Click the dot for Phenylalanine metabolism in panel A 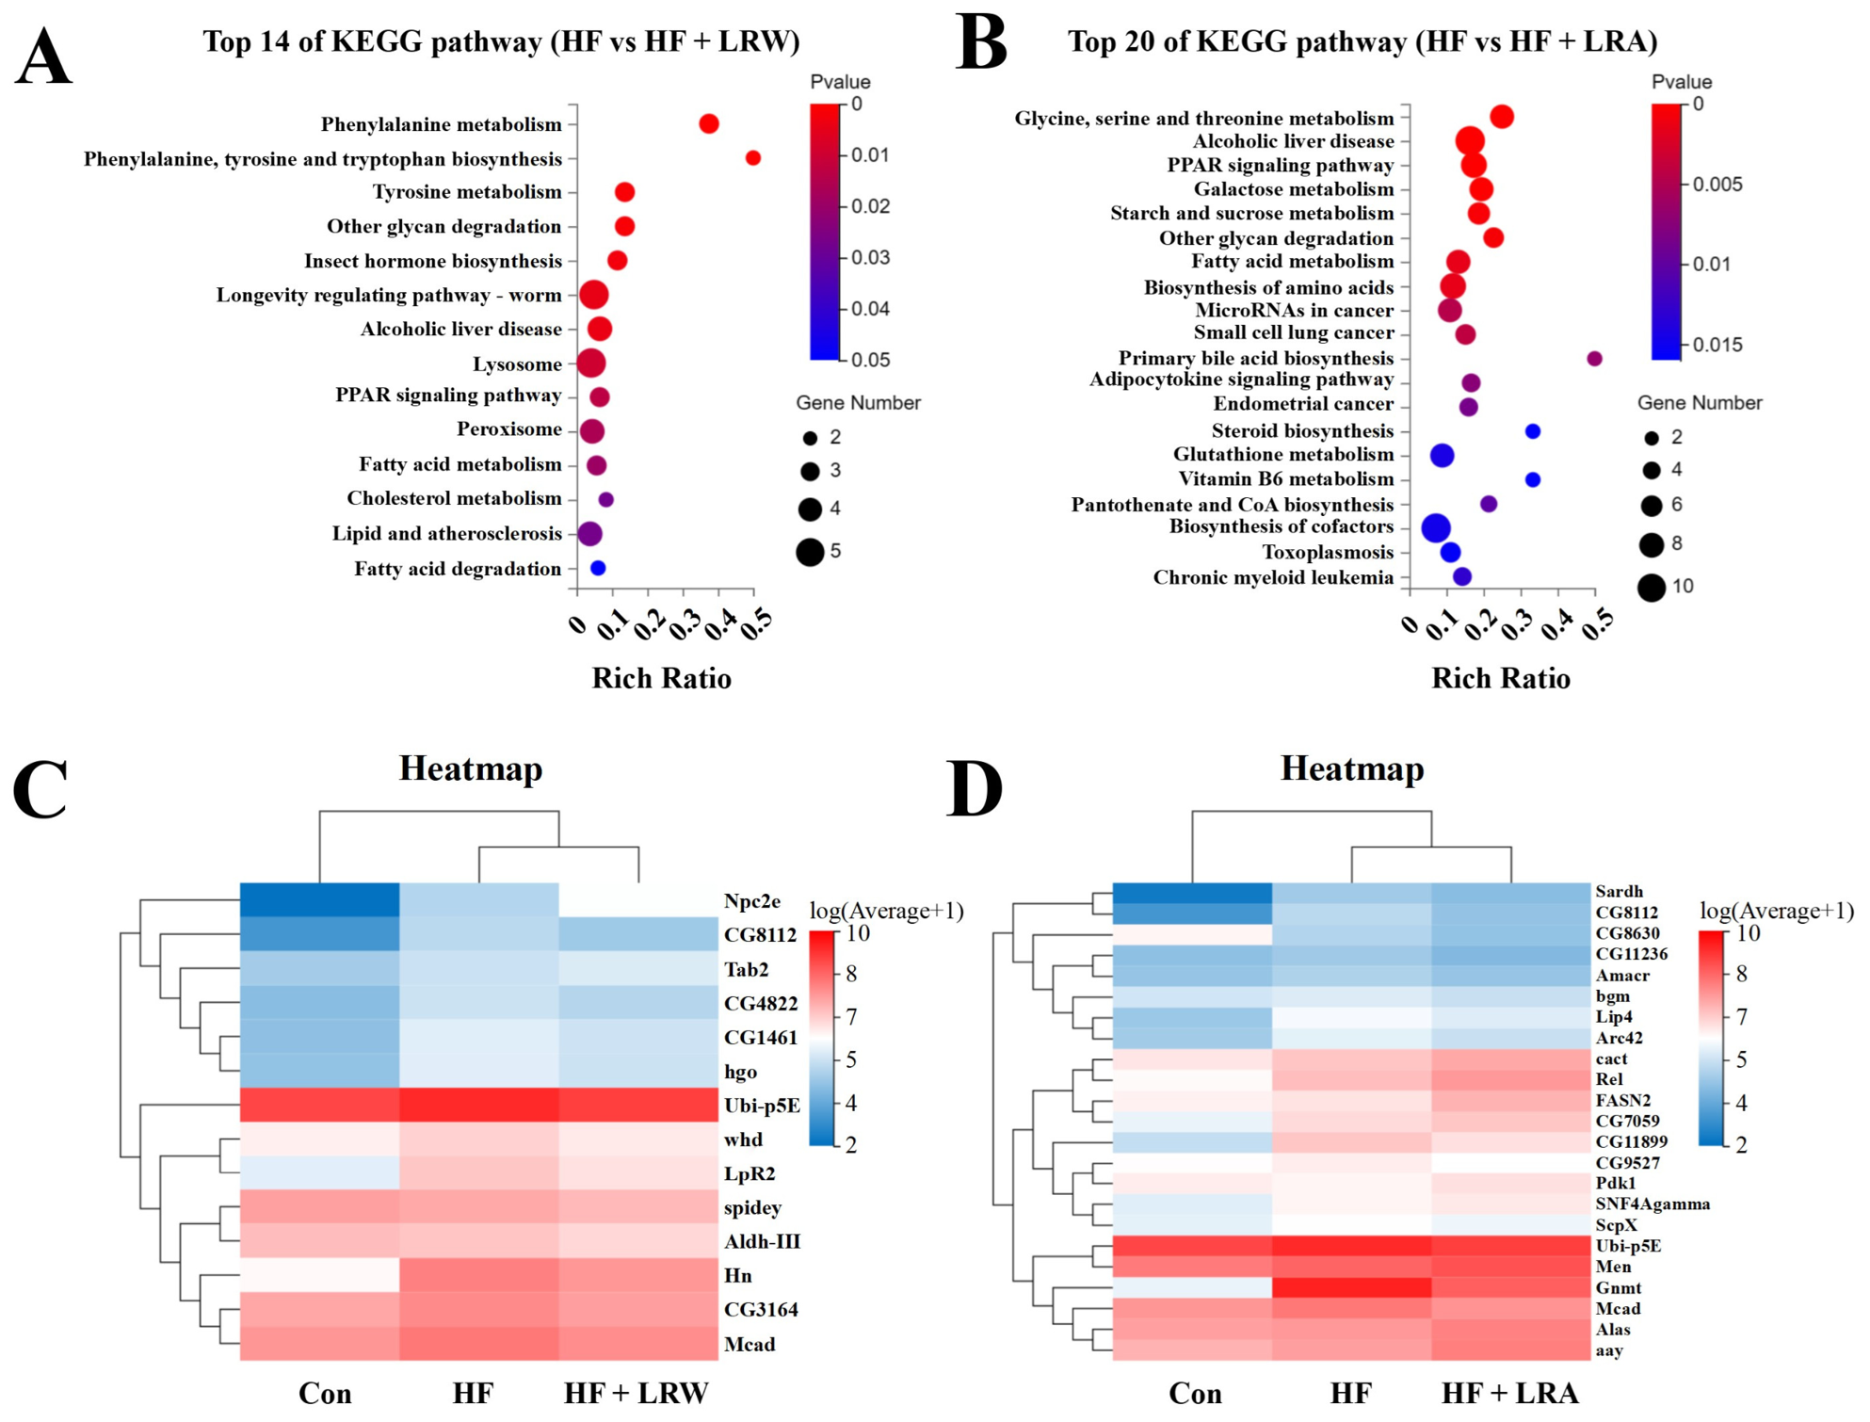click(709, 123)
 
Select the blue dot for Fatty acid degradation click(598, 568)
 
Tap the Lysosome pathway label click(517, 364)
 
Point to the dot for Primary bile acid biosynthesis click(1594, 358)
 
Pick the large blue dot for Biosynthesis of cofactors click(1436, 527)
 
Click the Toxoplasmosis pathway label click(1328, 553)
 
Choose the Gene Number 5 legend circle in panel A click(810, 551)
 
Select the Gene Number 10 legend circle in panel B click(1651, 588)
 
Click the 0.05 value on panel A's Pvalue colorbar click(870, 360)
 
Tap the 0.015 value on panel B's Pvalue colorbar click(1717, 345)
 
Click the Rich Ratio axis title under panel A click(661, 678)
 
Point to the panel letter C click(40, 788)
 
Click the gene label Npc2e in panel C click(751, 901)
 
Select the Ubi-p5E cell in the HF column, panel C click(479, 1105)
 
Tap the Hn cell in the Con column click(320, 1275)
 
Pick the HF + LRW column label click(637, 1393)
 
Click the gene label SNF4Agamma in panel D click(1652, 1204)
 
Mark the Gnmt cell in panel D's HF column click(1351, 1287)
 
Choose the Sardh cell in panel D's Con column click(1192, 892)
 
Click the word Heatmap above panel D click(1352, 768)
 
